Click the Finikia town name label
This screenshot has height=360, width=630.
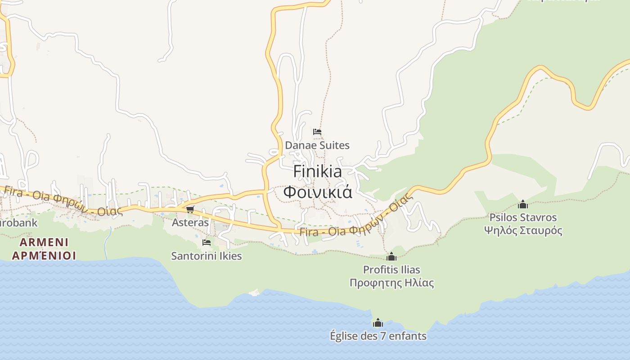317,171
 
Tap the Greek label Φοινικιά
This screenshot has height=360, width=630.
317,192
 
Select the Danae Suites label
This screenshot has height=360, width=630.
317,145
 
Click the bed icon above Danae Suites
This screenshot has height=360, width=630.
317,132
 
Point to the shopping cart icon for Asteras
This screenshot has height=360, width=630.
190,209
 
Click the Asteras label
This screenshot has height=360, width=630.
190,222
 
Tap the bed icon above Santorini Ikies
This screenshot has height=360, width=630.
207,242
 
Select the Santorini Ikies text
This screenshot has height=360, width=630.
207,256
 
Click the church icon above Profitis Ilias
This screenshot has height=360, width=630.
391,256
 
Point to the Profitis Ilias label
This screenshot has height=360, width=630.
391,270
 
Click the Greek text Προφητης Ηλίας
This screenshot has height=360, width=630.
391,283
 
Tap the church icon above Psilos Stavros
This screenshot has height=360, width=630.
523,204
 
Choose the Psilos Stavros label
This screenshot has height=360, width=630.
523,217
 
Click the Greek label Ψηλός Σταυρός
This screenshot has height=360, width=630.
523,231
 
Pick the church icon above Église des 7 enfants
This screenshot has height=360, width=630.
378,323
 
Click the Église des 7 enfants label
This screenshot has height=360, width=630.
378,336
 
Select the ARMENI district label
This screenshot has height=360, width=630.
44,242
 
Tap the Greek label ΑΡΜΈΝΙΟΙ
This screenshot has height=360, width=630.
44,256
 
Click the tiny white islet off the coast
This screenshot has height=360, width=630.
255,292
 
